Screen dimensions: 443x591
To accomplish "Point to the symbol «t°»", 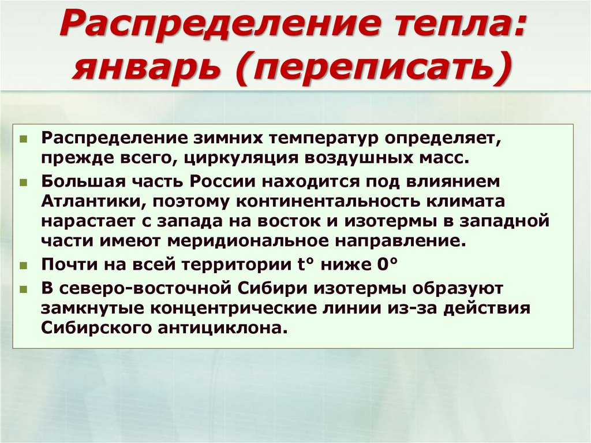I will point(294,265).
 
